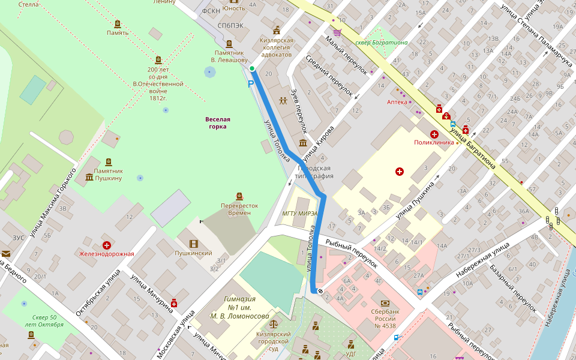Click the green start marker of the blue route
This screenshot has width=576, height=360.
click(x=253, y=69)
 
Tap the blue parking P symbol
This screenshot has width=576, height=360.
click(x=251, y=85)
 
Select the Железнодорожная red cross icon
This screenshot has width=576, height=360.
click(x=107, y=245)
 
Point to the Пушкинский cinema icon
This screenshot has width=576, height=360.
click(x=193, y=244)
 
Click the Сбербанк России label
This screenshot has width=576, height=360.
click(x=385, y=318)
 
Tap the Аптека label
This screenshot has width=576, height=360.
click(x=397, y=102)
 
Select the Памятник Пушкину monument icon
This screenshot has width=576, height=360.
click(x=109, y=163)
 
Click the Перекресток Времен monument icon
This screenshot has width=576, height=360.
click(x=239, y=196)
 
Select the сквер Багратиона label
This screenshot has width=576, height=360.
click(x=382, y=43)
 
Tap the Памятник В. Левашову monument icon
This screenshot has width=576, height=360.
click(x=229, y=44)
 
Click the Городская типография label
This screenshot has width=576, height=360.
click(x=317, y=172)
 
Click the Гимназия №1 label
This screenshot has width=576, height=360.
click(x=239, y=307)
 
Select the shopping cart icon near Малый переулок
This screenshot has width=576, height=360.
click(x=338, y=33)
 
